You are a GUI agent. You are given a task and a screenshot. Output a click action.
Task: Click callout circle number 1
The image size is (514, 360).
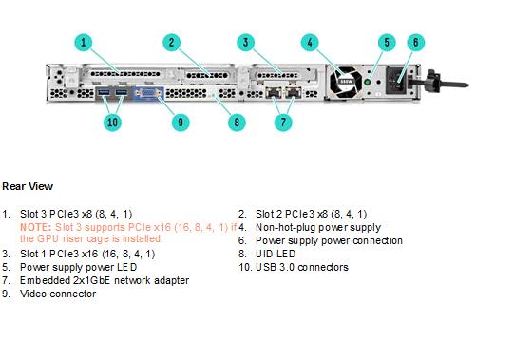pos(84,43)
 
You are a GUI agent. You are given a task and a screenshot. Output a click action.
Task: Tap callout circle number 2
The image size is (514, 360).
pos(171,43)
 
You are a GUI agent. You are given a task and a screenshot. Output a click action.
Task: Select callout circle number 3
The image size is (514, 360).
pos(245,43)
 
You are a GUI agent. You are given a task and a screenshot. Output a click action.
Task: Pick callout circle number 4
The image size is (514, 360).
pos(310,43)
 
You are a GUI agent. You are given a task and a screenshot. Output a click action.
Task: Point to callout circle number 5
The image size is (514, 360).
pos(387,43)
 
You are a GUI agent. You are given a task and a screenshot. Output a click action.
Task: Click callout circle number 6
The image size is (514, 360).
pos(415,43)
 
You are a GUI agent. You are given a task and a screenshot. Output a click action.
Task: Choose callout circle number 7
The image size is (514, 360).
pos(283,123)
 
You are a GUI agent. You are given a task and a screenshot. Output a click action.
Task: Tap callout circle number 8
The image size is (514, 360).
pos(237,123)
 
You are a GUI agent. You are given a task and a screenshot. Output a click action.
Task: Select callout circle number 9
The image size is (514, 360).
pos(181,123)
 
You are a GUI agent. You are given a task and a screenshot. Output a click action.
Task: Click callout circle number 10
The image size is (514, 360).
pos(112,123)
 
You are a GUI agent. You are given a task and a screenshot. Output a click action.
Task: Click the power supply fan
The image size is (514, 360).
pos(346,82)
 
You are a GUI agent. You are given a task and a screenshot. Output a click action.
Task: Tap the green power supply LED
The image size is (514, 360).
pos(368,82)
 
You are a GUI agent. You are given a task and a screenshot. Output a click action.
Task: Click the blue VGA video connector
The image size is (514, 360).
pos(148,93)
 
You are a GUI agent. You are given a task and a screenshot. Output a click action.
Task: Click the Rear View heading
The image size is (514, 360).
pos(28,186)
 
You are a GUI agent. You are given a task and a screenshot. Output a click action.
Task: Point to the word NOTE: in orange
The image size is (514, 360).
pos(36,227)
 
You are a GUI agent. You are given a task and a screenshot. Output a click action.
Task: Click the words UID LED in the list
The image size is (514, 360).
pos(276,254)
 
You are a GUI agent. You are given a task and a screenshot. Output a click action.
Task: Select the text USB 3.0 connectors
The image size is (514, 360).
pos(302,267)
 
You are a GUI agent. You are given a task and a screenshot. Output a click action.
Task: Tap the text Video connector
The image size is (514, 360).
pos(58,294)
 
